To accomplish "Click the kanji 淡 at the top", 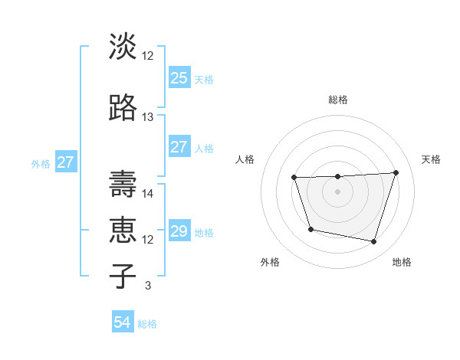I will (x=123, y=47).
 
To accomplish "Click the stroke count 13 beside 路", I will (x=148, y=117).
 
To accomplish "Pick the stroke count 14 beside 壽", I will (x=148, y=194).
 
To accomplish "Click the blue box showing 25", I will (x=179, y=78).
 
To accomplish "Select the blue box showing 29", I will (x=179, y=231).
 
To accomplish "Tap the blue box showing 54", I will (x=123, y=323).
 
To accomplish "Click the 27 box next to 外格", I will (x=65, y=162).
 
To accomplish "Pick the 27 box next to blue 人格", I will (x=179, y=147).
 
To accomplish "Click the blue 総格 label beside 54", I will (x=147, y=324).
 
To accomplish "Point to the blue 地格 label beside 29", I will (x=204, y=233).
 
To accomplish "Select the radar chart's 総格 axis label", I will (x=337, y=100).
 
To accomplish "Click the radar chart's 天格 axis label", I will (x=431, y=159).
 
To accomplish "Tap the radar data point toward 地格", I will (x=374, y=242).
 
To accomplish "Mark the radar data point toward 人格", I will (x=294, y=178).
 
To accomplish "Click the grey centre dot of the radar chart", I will (x=337, y=191).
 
